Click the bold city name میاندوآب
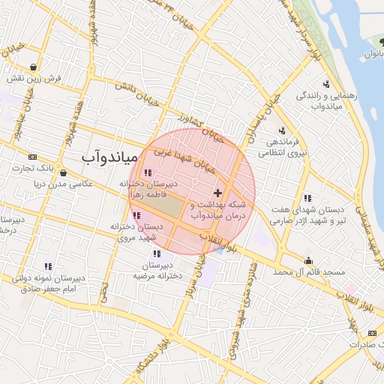tap(109, 157)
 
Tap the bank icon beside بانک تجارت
tap(32, 157)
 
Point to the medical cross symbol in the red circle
tap(217, 193)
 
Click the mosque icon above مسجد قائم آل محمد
tap(308, 260)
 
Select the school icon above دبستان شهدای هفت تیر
tap(307, 198)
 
